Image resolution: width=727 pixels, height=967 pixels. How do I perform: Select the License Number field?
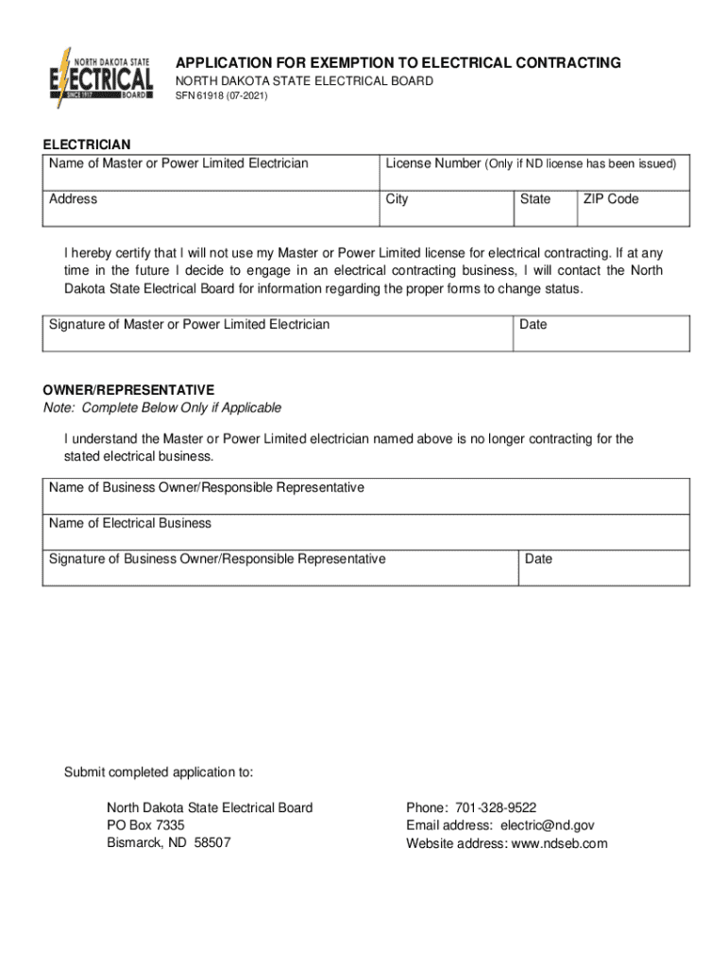(534, 173)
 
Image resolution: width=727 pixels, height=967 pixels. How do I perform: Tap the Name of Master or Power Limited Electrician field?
(211, 173)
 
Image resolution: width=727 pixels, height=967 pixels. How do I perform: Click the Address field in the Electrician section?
(211, 209)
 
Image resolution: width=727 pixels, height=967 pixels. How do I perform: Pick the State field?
(545, 209)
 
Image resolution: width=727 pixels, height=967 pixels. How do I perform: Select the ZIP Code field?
(633, 209)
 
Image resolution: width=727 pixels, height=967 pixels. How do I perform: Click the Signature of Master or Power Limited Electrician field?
(278, 334)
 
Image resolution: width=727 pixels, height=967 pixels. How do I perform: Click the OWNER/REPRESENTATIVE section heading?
(128, 390)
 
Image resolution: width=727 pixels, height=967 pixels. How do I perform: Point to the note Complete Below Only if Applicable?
(161, 408)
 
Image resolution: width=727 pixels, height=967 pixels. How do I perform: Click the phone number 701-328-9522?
(496, 807)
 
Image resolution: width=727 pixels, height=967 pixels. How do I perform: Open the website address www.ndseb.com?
(559, 843)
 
